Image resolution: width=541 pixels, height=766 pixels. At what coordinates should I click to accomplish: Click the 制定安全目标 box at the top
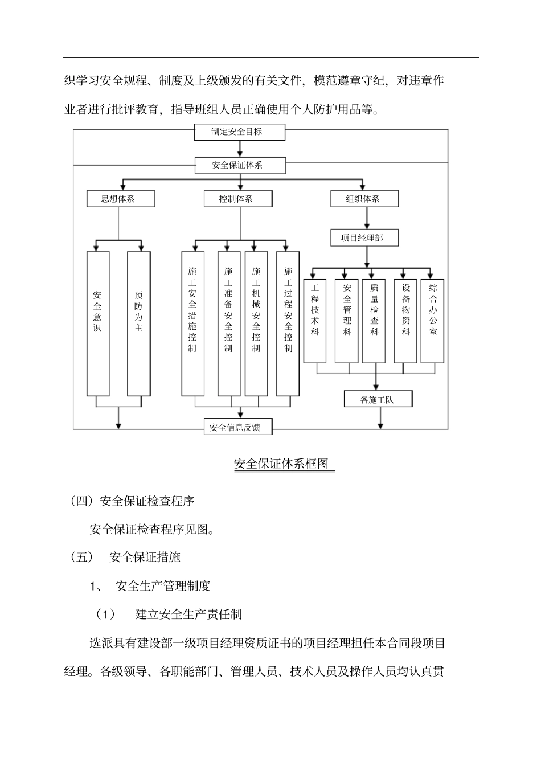[240, 132]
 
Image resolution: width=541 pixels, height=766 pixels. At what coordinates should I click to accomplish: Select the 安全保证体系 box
[240, 165]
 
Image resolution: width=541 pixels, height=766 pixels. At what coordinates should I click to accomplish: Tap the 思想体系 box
[120, 199]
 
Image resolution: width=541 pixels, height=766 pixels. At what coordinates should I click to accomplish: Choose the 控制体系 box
[238, 199]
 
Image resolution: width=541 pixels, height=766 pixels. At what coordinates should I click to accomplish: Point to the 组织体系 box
[364, 199]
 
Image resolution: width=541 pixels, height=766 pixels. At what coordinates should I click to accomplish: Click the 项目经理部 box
[364, 237]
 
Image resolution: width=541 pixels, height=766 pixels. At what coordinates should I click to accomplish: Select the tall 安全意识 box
[98, 323]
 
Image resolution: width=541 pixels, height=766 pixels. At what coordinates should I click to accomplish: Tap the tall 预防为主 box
[138, 323]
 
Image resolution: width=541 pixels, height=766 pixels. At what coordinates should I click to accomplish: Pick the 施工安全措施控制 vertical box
[192, 323]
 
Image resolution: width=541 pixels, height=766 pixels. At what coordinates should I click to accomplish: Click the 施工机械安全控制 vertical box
[256, 323]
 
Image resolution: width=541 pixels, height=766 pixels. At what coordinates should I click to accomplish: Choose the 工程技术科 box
[315, 321]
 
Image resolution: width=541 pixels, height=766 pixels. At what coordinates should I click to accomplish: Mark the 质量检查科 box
[374, 321]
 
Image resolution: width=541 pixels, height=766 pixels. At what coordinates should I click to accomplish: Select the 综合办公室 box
[433, 321]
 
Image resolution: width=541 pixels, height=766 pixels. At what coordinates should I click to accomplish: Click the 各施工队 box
[378, 399]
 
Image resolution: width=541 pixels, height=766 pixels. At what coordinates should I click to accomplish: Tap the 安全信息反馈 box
[238, 427]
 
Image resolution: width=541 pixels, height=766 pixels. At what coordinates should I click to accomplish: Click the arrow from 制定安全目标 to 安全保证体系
[240, 149]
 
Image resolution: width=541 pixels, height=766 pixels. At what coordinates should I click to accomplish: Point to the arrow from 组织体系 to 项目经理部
[366, 218]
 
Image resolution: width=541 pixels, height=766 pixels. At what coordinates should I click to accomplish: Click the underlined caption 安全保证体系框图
[282, 464]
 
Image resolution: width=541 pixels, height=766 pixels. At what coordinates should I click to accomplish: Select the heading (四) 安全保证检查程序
[132, 501]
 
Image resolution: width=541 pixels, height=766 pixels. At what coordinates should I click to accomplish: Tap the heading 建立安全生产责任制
[188, 614]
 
